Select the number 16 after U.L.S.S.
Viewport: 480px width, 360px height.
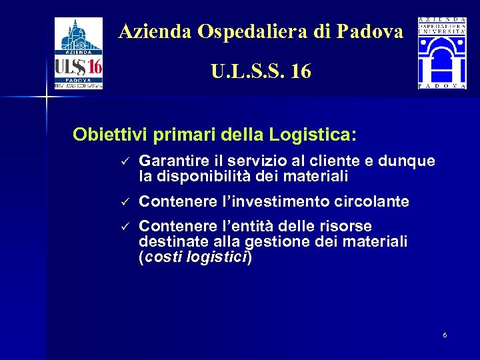click(x=301, y=71)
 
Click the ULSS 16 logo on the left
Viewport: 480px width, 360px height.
click(x=79, y=53)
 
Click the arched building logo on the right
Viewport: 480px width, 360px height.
click(x=442, y=53)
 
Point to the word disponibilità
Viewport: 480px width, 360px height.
click(x=199, y=177)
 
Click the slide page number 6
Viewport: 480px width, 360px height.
click(x=445, y=335)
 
